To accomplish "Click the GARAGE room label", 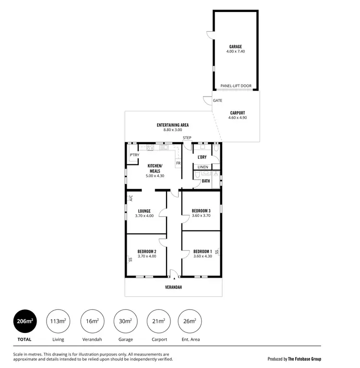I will [235, 47].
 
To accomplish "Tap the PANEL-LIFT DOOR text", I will [236, 86].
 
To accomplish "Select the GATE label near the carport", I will [217, 101].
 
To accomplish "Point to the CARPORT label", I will [237, 113].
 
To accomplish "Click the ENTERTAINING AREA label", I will [172, 125].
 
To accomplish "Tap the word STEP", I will [187, 138].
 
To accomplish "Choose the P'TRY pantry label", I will [134, 155].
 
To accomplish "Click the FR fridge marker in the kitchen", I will [178, 163].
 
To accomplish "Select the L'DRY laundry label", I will [202, 157].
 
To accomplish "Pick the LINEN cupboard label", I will [203, 167].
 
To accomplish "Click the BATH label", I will [206, 181].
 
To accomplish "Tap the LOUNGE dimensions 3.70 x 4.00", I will [144, 216].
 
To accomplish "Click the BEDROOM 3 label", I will [201, 211].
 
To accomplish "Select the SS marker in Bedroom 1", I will [216, 252].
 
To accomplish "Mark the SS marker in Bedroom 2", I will [130, 260].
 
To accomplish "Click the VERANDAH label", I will [173, 287].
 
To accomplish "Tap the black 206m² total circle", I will [24, 321].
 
